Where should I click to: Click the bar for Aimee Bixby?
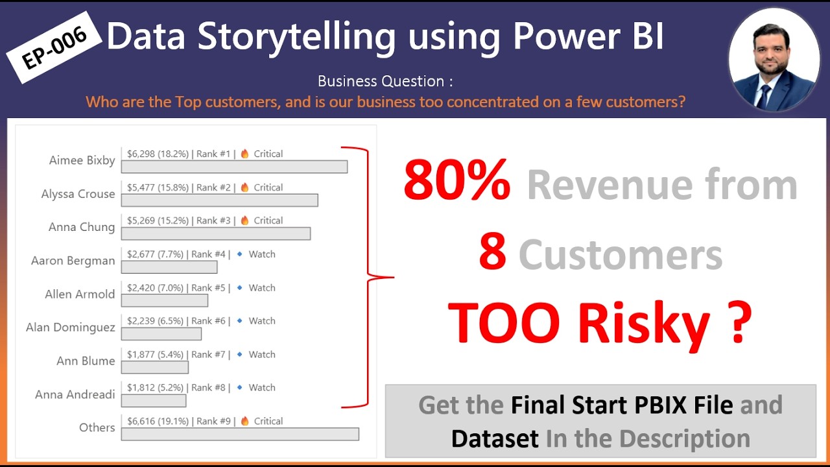tap(234, 167)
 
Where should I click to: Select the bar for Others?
tap(240, 434)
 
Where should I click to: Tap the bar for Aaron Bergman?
tap(169, 267)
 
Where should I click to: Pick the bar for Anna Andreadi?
tap(154, 401)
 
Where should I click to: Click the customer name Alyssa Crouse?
tap(78, 194)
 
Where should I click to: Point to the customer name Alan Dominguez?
tap(70, 328)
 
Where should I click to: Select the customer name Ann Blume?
tap(86, 361)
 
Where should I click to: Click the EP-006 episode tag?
tap(54, 49)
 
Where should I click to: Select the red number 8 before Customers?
tap(492, 253)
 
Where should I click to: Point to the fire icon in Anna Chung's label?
tap(244, 221)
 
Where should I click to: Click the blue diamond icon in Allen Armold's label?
tap(239, 287)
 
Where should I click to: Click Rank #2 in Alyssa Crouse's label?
tap(213, 187)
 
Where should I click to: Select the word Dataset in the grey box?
tap(495, 438)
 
